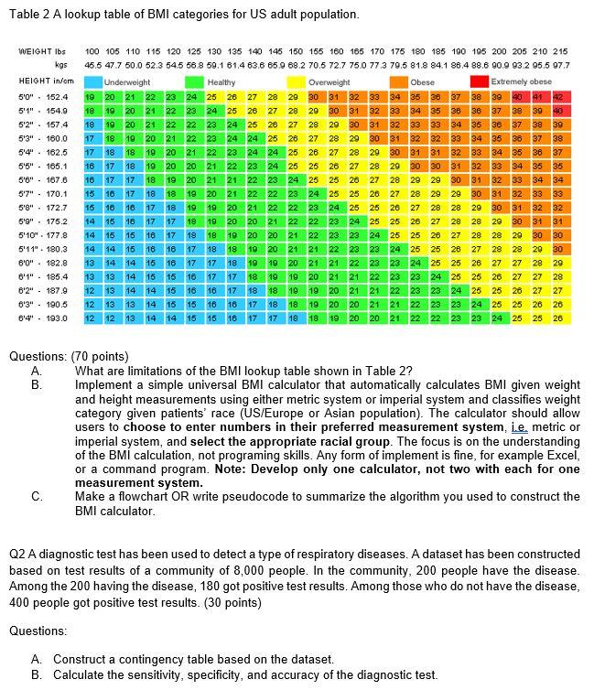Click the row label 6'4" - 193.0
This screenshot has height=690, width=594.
pos(43,318)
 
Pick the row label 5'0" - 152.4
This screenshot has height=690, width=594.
pos(43,96)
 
